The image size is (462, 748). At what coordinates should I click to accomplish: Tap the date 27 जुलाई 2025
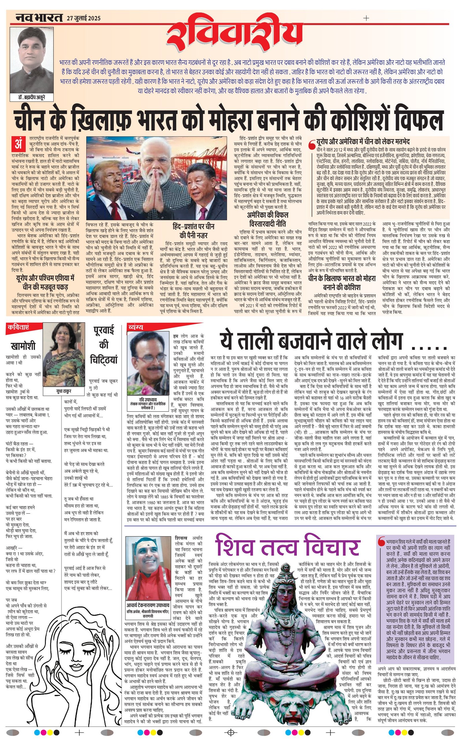83,18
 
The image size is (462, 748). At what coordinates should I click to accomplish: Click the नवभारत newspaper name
39,18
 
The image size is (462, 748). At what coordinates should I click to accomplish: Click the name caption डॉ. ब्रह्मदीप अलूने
32,97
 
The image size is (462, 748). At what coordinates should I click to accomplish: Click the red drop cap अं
18,143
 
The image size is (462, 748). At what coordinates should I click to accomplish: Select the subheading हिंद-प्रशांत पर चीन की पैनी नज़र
193,231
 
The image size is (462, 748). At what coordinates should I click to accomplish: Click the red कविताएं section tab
18,327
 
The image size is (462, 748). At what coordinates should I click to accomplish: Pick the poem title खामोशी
23,346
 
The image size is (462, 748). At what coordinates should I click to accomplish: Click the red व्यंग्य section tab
136,327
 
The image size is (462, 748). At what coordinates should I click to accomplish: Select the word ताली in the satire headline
267,341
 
